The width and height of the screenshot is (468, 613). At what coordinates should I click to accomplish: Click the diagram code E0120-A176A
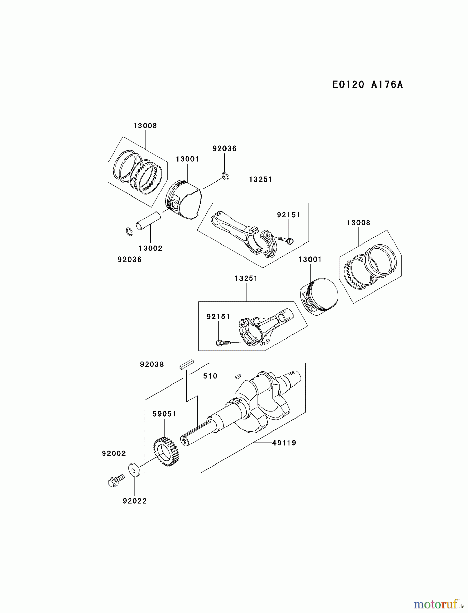[x=368, y=85]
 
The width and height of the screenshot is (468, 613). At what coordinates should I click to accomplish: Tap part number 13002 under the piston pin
[x=150, y=249]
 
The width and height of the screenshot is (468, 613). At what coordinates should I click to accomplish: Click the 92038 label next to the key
[x=152, y=365]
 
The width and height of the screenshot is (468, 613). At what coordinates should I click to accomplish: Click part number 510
[x=210, y=376]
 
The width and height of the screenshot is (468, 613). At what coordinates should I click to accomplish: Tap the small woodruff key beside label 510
[x=238, y=376]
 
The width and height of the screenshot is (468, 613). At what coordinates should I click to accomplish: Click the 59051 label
[x=164, y=414]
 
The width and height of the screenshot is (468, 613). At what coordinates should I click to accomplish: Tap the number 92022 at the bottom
[x=135, y=501]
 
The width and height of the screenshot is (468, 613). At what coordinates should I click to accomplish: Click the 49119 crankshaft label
[x=284, y=443]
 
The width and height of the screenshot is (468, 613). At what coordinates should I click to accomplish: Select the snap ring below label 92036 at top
[x=225, y=176]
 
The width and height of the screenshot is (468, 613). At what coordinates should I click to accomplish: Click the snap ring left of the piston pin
[x=129, y=231]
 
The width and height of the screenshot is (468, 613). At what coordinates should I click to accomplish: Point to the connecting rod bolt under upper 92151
[x=285, y=240]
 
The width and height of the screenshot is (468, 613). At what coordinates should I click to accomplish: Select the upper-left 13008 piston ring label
[x=145, y=126]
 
